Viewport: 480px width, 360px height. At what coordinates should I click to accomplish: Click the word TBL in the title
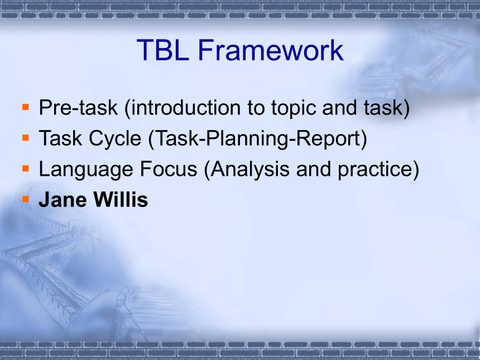tap(163, 50)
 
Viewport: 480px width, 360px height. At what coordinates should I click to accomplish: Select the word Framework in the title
tap(271, 50)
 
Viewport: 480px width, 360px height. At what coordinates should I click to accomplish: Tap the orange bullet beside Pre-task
tap(26, 107)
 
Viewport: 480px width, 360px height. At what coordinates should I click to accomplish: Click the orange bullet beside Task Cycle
tap(26, 138)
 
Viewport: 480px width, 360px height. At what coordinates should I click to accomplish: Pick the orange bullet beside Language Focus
tap(26, 169)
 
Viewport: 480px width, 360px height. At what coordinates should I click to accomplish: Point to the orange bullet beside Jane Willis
tap(26, 199)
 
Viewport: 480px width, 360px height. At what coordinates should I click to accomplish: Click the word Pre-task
tap(78, 108)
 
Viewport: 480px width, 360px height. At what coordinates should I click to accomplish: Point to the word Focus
tap(169, 169)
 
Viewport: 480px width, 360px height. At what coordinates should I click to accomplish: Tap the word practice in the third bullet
tap(375, 170)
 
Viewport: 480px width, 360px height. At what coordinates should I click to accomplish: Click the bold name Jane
tap(63, 200)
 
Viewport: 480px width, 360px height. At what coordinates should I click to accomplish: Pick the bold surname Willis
tap(121, 200)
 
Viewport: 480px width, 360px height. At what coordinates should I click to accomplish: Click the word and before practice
tap(314, 169)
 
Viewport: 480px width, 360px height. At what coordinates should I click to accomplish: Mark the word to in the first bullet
tap(256, 108)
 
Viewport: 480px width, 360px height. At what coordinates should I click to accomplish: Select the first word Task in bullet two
tap(61, 138)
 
